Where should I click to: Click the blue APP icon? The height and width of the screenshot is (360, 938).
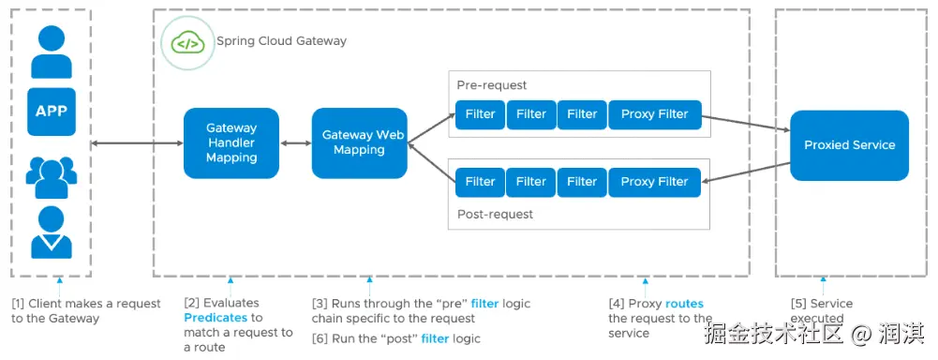[51, 112]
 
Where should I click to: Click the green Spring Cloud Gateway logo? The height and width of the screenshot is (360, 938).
[186, 42]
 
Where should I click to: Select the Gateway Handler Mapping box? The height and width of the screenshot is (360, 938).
[231, 142]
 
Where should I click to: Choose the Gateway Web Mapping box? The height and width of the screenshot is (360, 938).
[359, 142]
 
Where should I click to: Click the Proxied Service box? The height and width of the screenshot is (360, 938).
[849, 145]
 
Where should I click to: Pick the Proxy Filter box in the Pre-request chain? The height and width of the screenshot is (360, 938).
[654, 114]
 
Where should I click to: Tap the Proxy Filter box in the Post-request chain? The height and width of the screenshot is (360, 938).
[654, 182]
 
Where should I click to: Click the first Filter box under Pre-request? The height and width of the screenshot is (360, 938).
[480, 114]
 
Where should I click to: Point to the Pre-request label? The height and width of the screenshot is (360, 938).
[492, 85]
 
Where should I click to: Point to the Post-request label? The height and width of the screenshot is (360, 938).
[495, 214]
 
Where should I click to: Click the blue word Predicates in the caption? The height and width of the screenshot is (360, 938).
[216, 318]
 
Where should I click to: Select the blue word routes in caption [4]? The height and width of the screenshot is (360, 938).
[684, 304]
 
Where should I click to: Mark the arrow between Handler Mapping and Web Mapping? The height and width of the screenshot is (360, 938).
[295, 143]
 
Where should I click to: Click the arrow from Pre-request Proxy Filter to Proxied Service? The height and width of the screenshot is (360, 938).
[745, 124]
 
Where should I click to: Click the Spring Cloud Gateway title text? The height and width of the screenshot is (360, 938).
[281, 41]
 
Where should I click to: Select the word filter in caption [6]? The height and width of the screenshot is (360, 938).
[436, 338]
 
